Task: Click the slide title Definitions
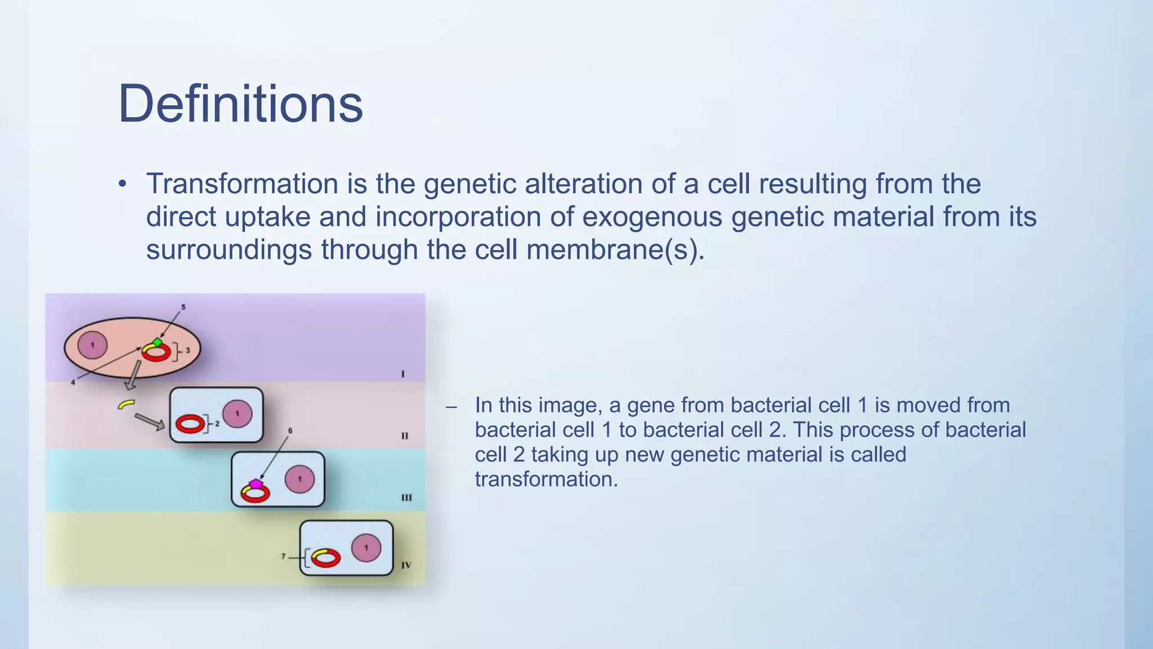[240, 104]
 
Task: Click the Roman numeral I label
[403, 374]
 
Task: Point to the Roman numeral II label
[404, 435]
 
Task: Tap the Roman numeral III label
[406, 497]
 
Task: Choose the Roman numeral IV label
[406, 564]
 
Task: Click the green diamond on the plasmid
[158, 342]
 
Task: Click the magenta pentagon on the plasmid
[256, 483]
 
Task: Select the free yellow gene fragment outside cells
[126, 404]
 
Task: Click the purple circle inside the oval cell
[92, 345]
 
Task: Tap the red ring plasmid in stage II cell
[190, 424]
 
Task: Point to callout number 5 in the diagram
[183, 307]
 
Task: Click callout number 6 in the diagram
[290, 430]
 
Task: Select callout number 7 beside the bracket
[284, 557]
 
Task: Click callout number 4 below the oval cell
[73, 383]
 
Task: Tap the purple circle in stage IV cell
[366, 548]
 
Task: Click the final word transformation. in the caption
[546, 479]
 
